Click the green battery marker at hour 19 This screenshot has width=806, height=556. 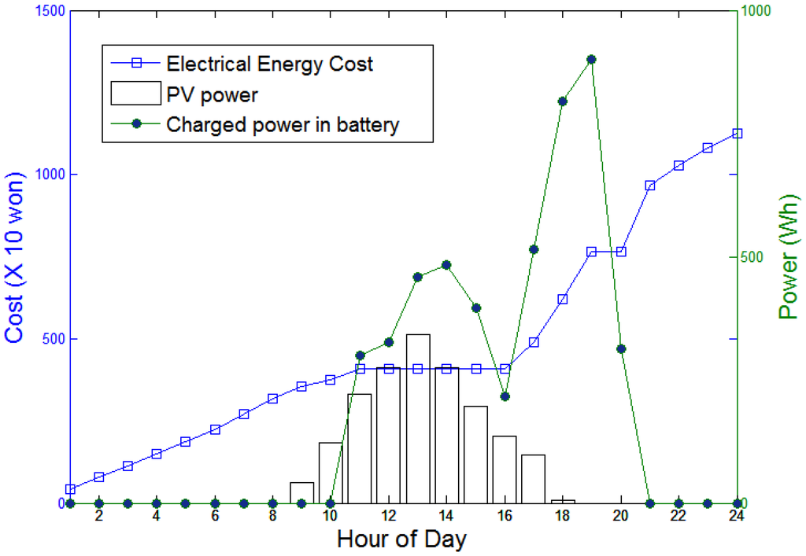click(591, 59)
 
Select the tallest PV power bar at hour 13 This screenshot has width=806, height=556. click(418, 417)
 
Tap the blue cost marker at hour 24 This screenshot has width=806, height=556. click(738, 134)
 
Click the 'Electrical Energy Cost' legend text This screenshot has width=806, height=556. click(269, 64)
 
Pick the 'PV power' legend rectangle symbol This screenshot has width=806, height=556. click(134, 94)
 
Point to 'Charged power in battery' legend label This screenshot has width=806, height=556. click(283, 124)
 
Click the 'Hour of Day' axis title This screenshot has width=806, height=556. click(401, 540)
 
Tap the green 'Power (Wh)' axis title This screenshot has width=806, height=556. click(789, 257)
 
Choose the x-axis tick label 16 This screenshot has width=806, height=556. click(505, 516)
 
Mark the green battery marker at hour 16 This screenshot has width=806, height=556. click(505, 396)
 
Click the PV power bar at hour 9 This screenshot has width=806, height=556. click(302, 493)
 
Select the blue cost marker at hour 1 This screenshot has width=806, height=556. click(70, 489)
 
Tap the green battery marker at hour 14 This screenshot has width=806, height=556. click(446, 265)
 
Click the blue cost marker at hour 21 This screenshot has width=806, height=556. click(650, 186)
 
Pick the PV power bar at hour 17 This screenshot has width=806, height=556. click(534, 478)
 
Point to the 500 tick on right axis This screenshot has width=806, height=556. click(756, 257)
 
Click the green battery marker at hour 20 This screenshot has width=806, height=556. click(621, 348)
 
